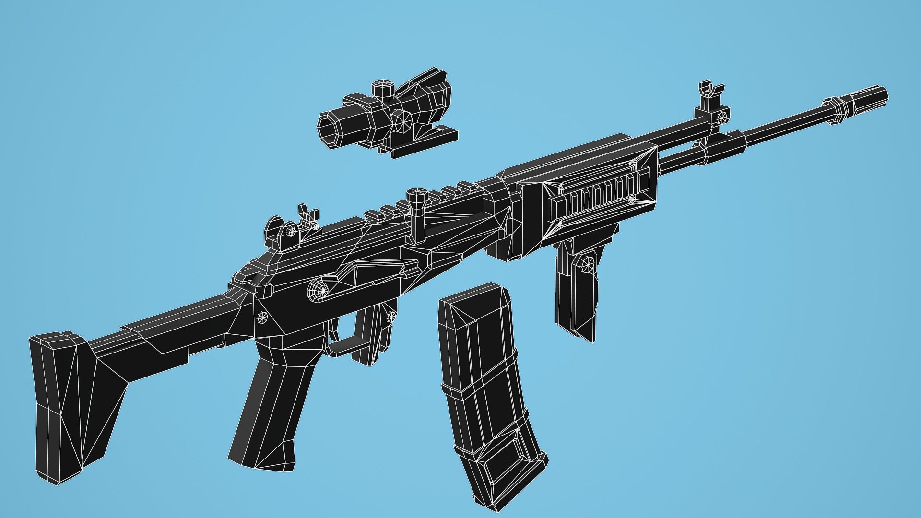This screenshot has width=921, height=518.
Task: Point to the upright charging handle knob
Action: (x=417, y=197)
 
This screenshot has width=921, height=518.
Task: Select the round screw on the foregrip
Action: (x=587, y=263)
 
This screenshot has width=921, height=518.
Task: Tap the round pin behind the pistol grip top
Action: (x=262, y=317)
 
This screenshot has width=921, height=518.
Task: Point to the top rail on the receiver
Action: (x=422, y=201)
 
